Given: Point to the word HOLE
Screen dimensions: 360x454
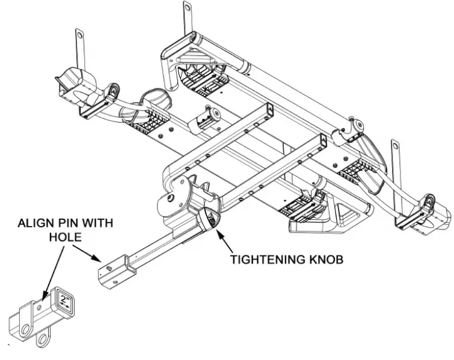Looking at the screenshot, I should (x=66, y=236).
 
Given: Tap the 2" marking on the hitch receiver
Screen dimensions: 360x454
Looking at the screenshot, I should (x=64, y=299).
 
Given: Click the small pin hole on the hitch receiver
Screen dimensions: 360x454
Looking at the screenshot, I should (x=39, y=307).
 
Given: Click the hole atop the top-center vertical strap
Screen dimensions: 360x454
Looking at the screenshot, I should (x=186, y=8).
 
